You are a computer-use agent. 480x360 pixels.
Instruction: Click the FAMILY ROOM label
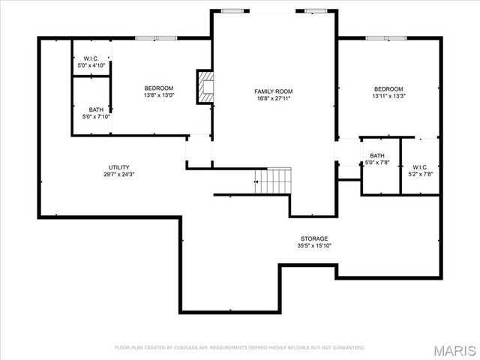pos(273,91)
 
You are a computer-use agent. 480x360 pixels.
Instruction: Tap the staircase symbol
pos(272,181)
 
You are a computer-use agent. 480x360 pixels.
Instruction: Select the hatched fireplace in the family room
pos(204,86)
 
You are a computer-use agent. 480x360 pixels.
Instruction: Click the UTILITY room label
pos(119,167)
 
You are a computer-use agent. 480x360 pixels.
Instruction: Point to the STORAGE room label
pos(314,238)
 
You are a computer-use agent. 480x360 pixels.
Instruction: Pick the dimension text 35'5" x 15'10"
pos(314,246)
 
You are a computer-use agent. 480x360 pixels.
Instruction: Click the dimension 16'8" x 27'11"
pos(273,98)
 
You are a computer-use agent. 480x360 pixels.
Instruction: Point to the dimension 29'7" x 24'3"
pos(119,175)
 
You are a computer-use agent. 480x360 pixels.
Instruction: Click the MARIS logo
pos(454,349)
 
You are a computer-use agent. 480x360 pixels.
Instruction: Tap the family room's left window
pos(232,10)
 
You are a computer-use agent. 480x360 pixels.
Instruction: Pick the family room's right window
pos(316,10)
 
